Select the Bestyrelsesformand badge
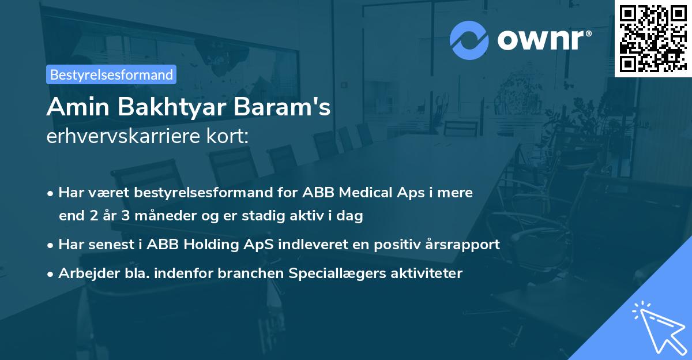(111, 74)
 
